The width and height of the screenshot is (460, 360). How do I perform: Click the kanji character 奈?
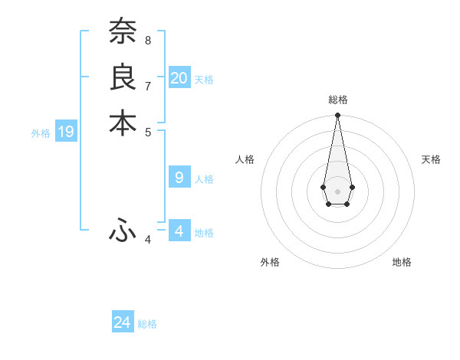point(123,32)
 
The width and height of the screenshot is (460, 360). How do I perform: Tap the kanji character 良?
point(123,78)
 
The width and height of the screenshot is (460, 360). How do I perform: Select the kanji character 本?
point(123,123)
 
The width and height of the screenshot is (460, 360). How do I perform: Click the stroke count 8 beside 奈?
point(148,40)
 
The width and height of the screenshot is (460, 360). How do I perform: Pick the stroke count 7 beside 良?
point(148,85)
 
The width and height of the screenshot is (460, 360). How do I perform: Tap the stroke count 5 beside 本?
point(148,131)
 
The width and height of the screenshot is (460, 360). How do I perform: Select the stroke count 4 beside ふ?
point(148,240)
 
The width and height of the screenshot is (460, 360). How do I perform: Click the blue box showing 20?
point(179,77)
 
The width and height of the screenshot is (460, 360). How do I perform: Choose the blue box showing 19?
point(66,132)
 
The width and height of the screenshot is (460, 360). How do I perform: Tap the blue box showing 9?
point(179,178)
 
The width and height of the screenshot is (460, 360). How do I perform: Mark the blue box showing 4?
point(179,231)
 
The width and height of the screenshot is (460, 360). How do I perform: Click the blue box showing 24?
point(123,322)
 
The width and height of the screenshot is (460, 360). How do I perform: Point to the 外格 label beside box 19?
point(41,133)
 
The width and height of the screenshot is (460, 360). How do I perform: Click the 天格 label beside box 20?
point(204,80)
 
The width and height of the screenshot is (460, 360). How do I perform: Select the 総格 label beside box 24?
point(147,325)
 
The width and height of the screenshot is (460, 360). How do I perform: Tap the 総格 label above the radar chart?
point(338,100)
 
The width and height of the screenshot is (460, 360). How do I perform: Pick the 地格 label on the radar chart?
point(402,262)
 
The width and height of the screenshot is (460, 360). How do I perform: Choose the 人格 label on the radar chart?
point(245,159)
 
